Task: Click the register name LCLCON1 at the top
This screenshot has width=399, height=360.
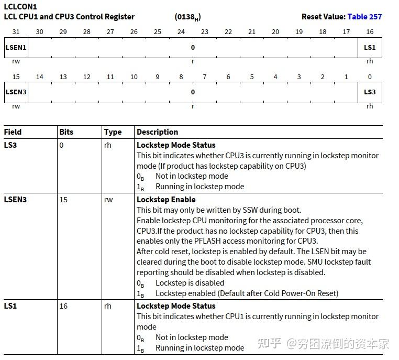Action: pyautogui.click(x=20, y=7)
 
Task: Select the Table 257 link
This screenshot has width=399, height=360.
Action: pyautogui.click(x=364, y=17)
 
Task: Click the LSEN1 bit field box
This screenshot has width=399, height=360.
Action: pyautogui.click(x=16, y=48)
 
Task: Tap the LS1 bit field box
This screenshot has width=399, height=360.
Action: pyautogui.click(x=370, y=48)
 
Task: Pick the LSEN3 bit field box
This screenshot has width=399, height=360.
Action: pyautogui.click(x=16, y=92)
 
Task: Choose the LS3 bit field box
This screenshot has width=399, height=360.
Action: pyautogui.click(x=370, y=92)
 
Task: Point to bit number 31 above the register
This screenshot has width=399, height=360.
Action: pyautogui.click(x=16, y=32)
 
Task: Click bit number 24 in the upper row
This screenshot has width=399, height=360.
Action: pyautogui.click(x=181, y=32)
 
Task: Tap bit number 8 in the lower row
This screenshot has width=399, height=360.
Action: pyautogui.click(x=181, y=77)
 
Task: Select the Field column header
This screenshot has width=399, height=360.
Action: pyautogui.click(x=13, y=132)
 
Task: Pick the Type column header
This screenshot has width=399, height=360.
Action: pyautogui.click(x=113, y=132)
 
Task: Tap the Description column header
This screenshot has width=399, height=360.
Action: pyautogui.click(x=157, y=132)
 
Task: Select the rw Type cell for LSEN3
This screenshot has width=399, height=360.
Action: pyautogui.click(x=108, y=200)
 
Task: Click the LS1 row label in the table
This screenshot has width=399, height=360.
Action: pyautogui.click(x=10, y=306)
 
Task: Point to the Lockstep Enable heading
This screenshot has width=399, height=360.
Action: pyautogui.click(x=166, y=200)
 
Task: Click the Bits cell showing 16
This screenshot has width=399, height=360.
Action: pyautogui.click(x=63, y=306)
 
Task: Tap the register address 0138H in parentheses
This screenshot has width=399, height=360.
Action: pyautogui.click(x=187, y=17)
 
